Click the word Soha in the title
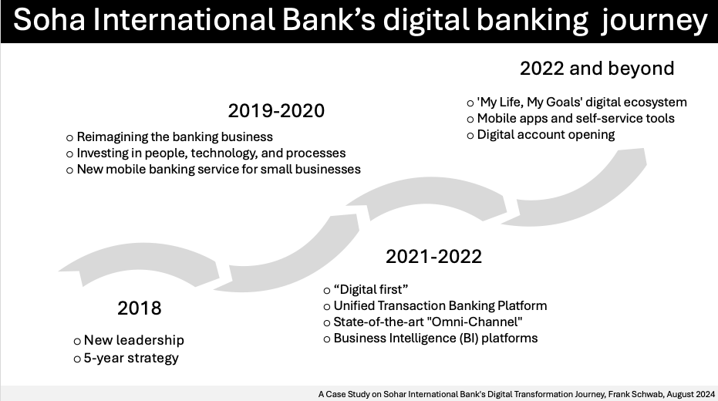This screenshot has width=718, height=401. pos(49,20)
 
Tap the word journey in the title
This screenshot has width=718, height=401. pos(655,22)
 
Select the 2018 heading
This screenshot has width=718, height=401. pos(139,308)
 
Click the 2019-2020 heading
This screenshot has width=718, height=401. pos(276,111)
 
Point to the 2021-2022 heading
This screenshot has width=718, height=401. pos(433,256)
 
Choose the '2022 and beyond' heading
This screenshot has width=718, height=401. pos(597,69)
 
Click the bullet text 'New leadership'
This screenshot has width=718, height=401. pos(134,340)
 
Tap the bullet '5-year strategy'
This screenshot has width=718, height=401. pos(131,358)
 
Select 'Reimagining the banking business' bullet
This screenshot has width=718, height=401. pos(174,136)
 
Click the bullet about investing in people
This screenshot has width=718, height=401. pos(211,153)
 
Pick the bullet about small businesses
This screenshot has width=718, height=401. pos(218,170)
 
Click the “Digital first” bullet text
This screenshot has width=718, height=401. pos(370,290)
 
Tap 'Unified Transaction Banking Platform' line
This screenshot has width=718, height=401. pos(440,306)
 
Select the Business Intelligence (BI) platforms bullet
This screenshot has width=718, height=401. pos(436,339)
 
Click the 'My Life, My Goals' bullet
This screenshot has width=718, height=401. pos(581,102)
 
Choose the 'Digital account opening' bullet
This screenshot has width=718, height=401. pos(546,135)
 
